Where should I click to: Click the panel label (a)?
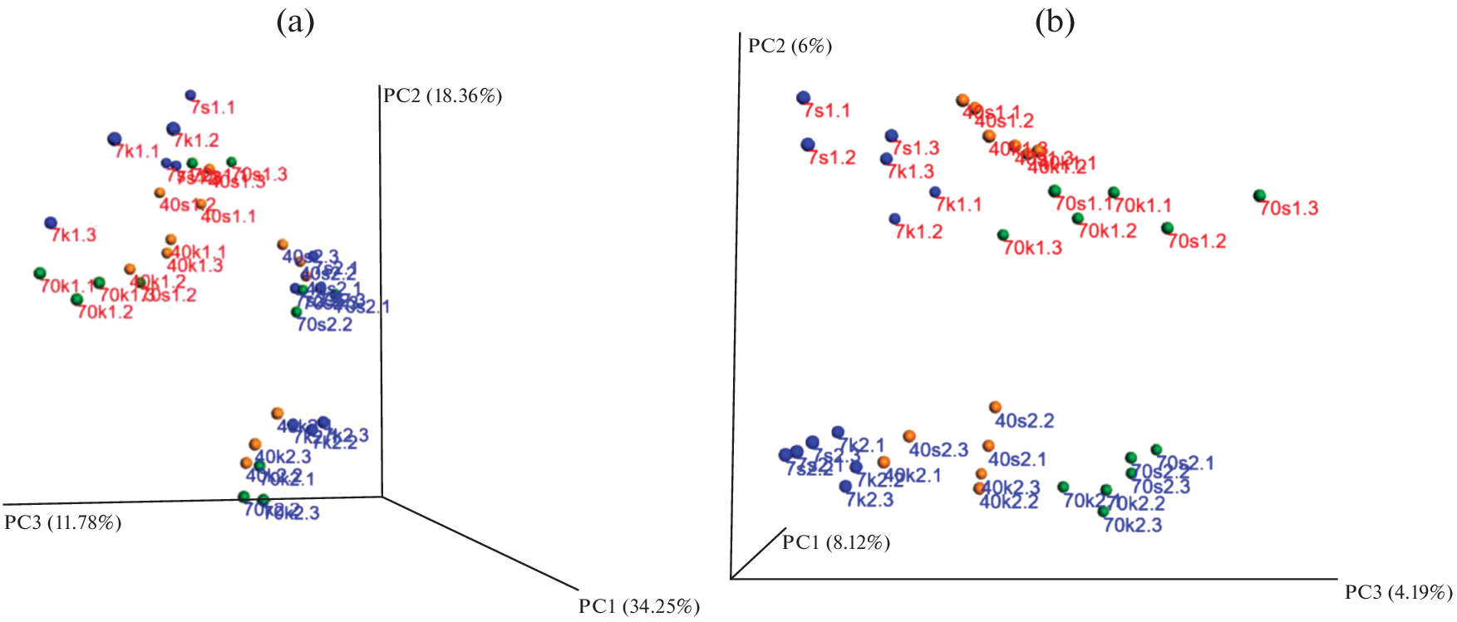[295, 22]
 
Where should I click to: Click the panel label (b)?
[1054, 22]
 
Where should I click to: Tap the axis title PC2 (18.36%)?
[442, 96]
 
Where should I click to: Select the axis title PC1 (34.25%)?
[639, 607]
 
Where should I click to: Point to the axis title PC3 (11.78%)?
[63, 523]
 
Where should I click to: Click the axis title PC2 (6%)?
[790, 46]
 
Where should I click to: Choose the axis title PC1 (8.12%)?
[835, 543]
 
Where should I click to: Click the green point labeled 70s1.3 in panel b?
[1259, 196]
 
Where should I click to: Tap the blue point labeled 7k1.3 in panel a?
[51, 223]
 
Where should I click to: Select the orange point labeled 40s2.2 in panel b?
[995, 407]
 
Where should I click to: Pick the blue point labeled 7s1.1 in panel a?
[190, 96]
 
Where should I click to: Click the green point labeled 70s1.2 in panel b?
[1167, 228]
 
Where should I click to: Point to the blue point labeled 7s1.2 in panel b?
[808, 144]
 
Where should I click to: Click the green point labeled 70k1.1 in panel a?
[39, 273]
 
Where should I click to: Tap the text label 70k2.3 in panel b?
[1132, 526]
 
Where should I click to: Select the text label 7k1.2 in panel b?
[918, 233]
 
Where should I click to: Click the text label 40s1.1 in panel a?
[229, 217]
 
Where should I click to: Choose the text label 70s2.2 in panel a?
[324, 325]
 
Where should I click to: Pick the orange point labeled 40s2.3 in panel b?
[909, 436]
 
